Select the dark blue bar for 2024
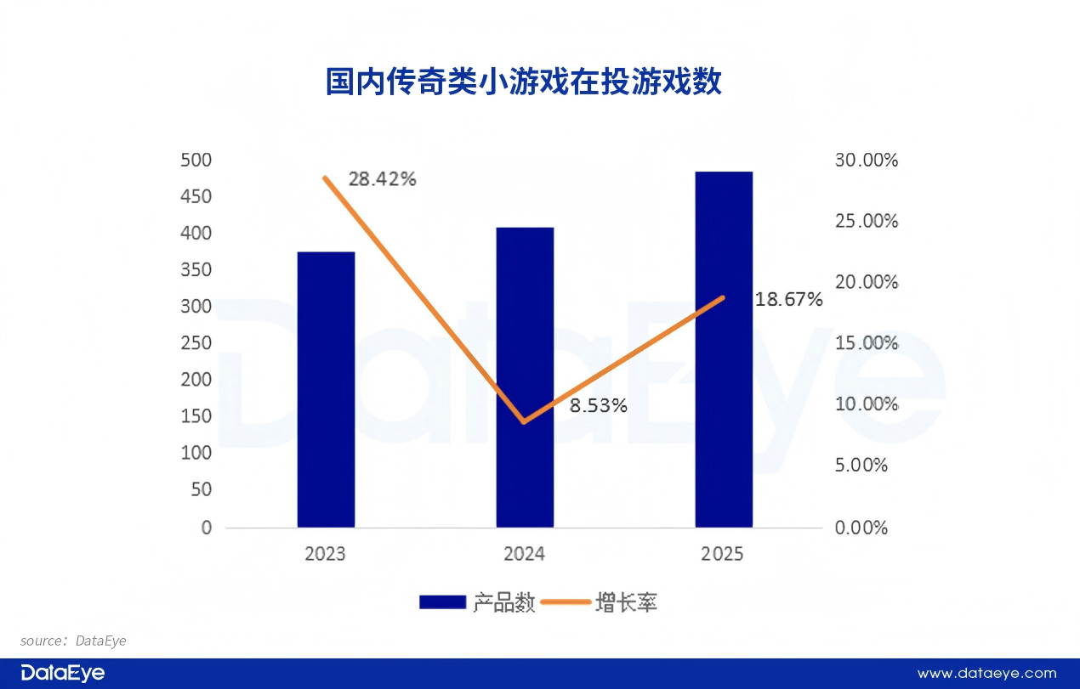(525, 377)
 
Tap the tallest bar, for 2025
(724, 349)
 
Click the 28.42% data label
(382, 179)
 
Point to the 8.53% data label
(599, 406)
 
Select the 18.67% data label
(788, 299)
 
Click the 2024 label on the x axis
(525, 554)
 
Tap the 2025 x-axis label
(722, 554)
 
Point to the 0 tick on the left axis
(206, 528)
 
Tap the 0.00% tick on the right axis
(861, 528)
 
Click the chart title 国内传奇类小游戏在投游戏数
(524, 82)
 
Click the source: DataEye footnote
(73, 641)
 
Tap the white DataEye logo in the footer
(63, 673)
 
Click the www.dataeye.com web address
(986, 674)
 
